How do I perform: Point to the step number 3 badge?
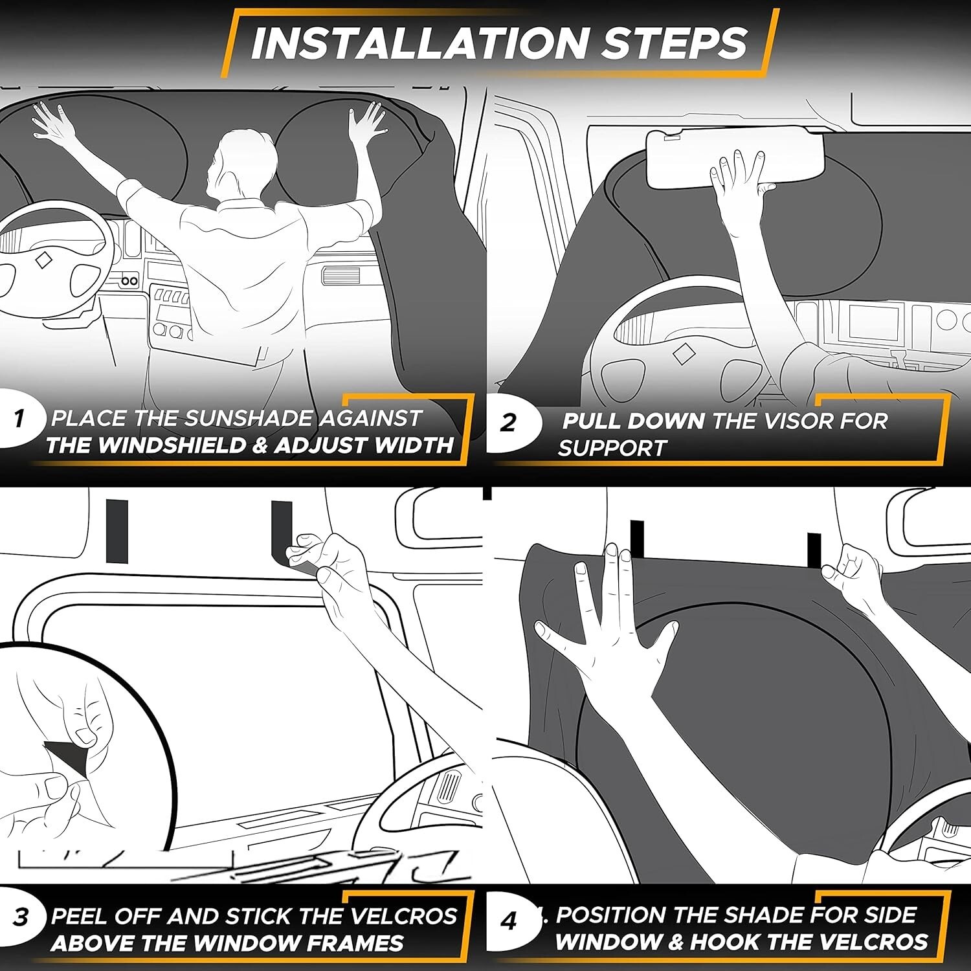[x=19, y=917]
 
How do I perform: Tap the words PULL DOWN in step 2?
[x=633, y=421]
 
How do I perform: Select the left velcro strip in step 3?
[x=117, y=531]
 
